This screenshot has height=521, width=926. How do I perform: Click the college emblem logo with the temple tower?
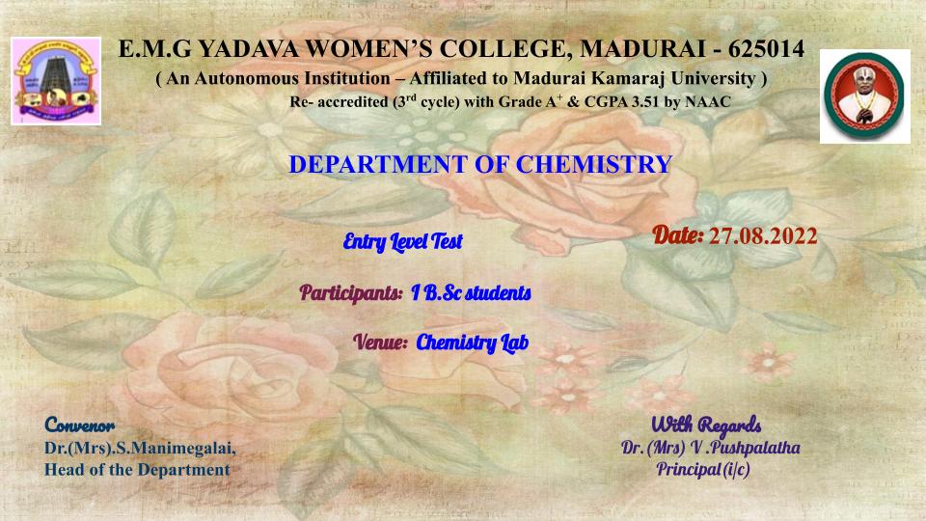coord(56,81)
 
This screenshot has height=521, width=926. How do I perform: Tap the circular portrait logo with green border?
coord(864,96)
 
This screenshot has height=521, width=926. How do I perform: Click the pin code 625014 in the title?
coord(766,49)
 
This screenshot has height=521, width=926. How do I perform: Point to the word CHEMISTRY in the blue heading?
coord(594,164)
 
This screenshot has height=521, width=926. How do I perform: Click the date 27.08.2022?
coord(763,236)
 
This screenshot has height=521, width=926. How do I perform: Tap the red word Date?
coord(678,235)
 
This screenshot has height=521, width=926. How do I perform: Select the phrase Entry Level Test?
coord(403,241)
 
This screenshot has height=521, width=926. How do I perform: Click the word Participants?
coord(351,292)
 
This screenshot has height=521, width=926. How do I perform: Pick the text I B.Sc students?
coord(472,292)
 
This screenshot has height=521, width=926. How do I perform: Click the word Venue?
coord(381,342)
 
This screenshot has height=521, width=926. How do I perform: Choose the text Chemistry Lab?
coord(473,343)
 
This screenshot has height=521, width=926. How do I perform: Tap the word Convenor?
coord(80,425)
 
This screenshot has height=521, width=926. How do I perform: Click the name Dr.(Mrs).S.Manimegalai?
coord(140,449)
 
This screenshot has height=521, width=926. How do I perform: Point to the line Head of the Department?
coord(137,470)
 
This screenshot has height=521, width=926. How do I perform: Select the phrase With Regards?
coord(706,425)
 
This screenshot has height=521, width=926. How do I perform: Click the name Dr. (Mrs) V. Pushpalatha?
coord(711,448)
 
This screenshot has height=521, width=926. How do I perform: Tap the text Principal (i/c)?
coord(703,470)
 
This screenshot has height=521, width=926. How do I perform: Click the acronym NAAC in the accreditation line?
coord(708,102)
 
